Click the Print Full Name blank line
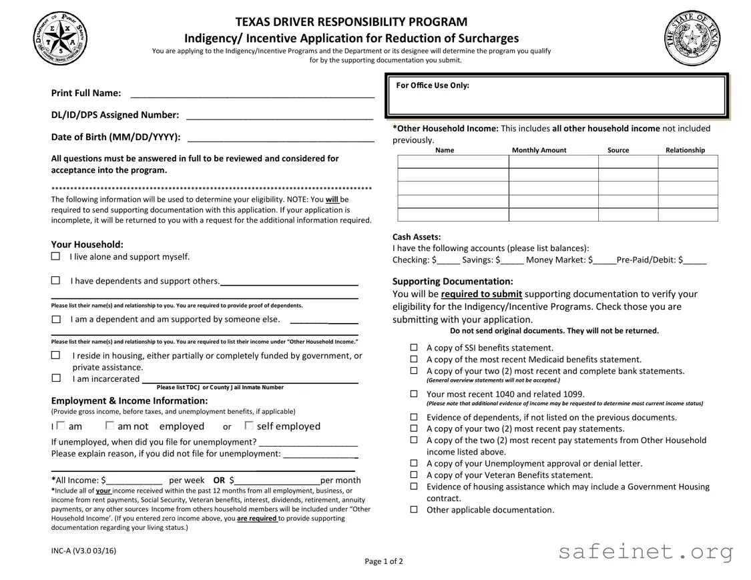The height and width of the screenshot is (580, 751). (x=252, y=93)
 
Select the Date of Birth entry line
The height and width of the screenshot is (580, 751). (x=280, y=137)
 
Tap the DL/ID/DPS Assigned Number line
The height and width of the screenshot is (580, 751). (x=279, y=115)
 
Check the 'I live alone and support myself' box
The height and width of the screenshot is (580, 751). (x=56, y=257)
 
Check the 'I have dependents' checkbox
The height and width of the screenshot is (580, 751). (x=56, y=281)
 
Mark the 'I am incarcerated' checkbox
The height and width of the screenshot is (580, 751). (x=56, y=378)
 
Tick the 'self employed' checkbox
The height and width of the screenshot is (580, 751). (x=248, y=426)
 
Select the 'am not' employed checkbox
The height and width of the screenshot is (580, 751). (x=109, y=426)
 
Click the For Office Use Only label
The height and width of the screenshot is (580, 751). (x=433, y=85)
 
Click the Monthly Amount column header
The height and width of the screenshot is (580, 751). (x=539, y=150)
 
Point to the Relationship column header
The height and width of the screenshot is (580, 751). (x=685, y=150)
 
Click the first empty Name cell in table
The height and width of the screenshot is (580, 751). (x=453, y=162)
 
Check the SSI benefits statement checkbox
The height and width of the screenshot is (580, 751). (x=414, y=348)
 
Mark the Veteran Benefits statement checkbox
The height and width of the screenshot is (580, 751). (x=414, y=475)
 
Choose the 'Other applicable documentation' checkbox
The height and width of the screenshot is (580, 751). (x=414, y=510)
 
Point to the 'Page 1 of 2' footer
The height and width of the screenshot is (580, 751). (x=384, y=561)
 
